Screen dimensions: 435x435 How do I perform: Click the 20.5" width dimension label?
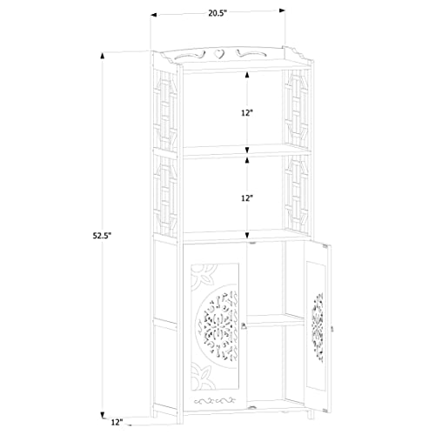pos(217,13)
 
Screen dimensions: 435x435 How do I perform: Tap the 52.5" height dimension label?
pos(102,236)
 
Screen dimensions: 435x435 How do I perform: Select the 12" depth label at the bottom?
pos(117,422)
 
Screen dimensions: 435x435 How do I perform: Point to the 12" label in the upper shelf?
pos(247,113)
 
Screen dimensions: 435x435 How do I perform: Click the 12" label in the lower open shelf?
pos(247,198)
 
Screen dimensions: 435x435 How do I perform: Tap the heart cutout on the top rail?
pos(219,54)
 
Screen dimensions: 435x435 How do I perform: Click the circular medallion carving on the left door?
pos(217,326)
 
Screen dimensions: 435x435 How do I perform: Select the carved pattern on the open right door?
pos(318,327)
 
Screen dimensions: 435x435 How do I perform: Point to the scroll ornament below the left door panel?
pos(215,401)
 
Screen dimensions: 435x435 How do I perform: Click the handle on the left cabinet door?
pos(244,326)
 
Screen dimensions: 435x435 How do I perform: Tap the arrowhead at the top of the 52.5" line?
pos(103,56)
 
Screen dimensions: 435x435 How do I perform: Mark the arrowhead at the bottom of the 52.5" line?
pos(103,415)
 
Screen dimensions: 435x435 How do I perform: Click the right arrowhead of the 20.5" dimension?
pos(282,10)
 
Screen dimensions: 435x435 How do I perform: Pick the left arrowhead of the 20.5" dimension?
pos(154,15)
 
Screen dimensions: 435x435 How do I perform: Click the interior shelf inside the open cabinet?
pos(276,319)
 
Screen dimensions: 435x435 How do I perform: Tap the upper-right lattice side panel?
pos(297,107)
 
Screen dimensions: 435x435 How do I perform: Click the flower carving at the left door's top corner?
pos(203,274)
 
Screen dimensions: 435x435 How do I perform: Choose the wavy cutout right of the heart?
pos(251,54)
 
